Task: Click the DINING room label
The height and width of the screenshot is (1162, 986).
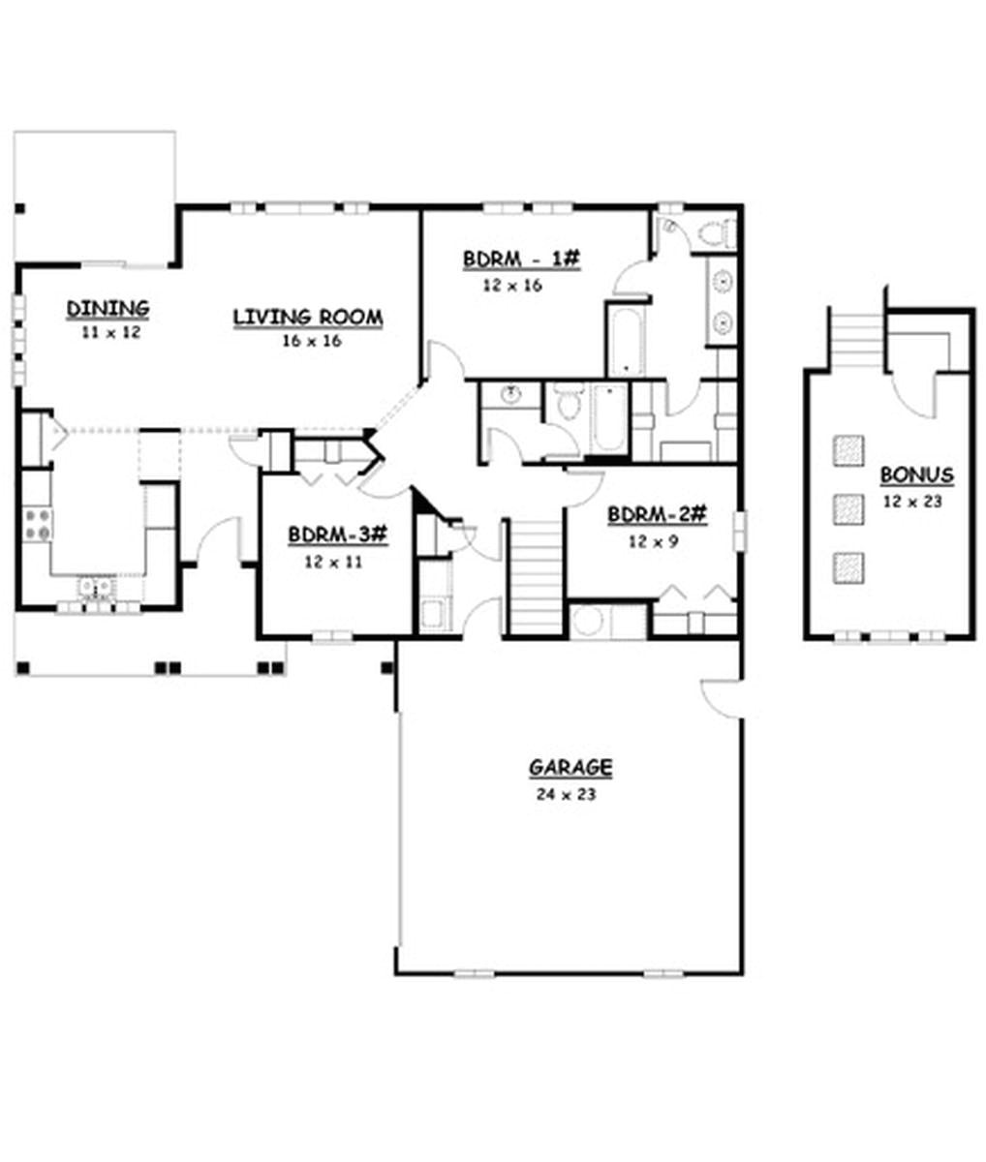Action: (108, 309)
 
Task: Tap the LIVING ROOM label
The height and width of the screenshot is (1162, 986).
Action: (308, 317)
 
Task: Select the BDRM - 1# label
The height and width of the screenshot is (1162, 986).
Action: (521, 260)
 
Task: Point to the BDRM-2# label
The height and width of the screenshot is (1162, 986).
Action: (657, 514)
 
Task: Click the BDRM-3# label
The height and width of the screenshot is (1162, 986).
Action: (337, 535)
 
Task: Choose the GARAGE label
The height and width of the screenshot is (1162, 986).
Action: (570, 768)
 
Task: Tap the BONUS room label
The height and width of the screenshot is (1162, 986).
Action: (917, 475)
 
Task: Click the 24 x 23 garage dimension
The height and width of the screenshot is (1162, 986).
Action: (566, 794)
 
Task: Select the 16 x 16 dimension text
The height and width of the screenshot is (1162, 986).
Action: (312, 341)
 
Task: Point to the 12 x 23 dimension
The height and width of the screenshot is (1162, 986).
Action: (912, 502)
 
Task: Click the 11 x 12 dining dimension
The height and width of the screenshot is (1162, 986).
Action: (110, 332)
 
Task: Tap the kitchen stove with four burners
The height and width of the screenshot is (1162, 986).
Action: (37, 525)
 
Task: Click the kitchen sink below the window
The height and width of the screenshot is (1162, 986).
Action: (97, 588)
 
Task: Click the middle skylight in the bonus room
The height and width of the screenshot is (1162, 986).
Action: (848, 508)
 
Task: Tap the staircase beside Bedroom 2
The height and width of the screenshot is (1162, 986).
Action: (536, 578)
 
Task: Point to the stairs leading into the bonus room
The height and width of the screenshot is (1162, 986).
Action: (856, 340)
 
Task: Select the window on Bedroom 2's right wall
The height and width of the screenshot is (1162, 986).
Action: (741, 531)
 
